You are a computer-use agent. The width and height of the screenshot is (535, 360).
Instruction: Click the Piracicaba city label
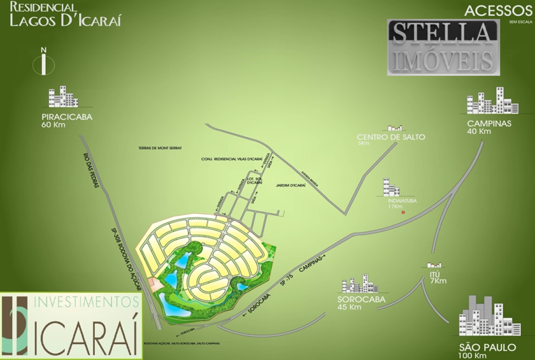pos(67,117)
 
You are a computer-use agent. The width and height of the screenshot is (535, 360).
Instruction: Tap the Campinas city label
pos(489,123)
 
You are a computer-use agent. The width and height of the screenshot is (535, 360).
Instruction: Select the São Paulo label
pos(487,348)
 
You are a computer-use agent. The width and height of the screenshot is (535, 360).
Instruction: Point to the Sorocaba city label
pos(361,300)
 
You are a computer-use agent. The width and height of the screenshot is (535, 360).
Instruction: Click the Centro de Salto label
pos(391,137)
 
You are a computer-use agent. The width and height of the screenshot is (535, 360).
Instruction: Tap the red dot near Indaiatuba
pos(403,212)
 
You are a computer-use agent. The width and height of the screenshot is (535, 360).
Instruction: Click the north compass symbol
pos(44,63)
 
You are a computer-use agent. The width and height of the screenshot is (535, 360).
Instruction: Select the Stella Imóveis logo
pos(443,47)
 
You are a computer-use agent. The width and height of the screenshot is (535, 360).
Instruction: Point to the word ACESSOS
pos(498,10)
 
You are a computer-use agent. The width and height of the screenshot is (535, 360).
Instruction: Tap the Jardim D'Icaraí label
pos(291,185)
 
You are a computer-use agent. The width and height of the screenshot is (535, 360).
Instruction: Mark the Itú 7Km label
pos(438,277)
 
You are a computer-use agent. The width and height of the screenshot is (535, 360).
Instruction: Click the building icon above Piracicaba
pos(63,97)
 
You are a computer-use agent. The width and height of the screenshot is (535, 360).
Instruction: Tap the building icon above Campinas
pos(493,101)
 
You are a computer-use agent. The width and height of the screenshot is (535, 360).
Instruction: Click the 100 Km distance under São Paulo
pos(473,355)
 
